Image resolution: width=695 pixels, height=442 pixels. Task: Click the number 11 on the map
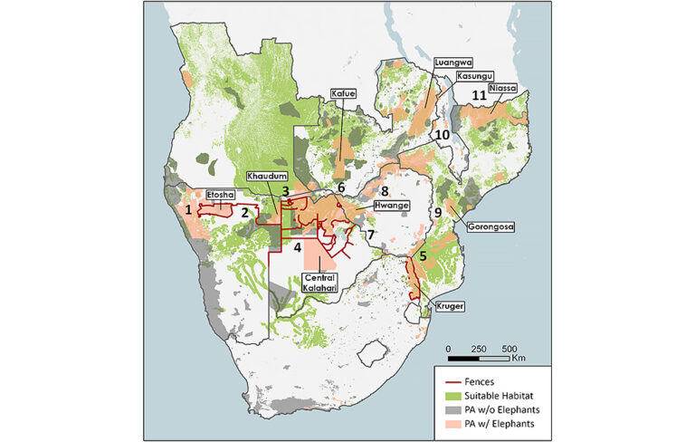click(x=479, y=94)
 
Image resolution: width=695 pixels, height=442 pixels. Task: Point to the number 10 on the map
click(x=442, y=135)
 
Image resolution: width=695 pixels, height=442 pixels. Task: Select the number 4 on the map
click(x=298, y=244)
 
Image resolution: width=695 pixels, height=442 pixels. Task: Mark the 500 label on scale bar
click(x=509, y=349)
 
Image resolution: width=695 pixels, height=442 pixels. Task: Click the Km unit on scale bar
click(x=519, y=360)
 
